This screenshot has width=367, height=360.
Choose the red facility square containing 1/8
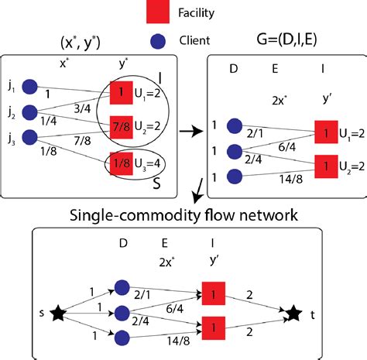[x=120, y=163]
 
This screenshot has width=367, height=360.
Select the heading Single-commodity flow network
[x=183, y=213]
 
